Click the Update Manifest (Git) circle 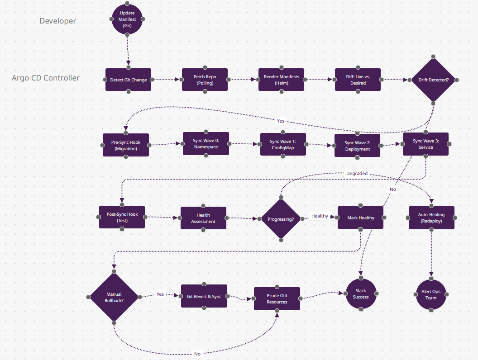click(x=127, y=19)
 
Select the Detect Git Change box click(x=128, y=80)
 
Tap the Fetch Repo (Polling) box click(x=205, y=80)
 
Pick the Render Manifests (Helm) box click(x=281, y=80)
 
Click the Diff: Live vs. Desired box click(x=358, y=80)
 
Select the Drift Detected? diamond click(x=433, y=80)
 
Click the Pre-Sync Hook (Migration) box click(x=126, y=145)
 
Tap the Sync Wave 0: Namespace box click(x=206, y=144)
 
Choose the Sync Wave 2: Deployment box click(x=357, y=146)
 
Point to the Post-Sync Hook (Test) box click(x=122, y=217)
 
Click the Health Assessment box click(x=203, y=218)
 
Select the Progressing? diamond click(x=281, y=219)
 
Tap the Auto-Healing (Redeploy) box click(x=431, y=218)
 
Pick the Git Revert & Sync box click(x=204, y=296)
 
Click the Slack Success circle click(x=361, y=294)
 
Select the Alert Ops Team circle click(x=431, y=295)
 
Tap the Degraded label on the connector click(x=357, y=173)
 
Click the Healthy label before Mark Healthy click(x=320, y=216)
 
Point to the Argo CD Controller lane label click(x=46, y=78)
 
